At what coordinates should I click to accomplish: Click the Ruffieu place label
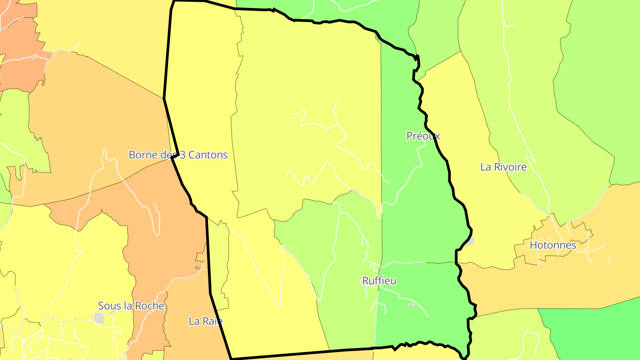tap(379, 281)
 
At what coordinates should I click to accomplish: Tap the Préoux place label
tap(423, 136)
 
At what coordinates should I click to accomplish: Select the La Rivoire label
tap(503, 167)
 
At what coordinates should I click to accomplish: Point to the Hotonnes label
tap(552, 245)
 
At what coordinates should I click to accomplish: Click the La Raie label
tap(205, 321)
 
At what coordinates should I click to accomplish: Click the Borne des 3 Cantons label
tap(178, 155)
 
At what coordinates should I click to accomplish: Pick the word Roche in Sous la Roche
tap(150, 306)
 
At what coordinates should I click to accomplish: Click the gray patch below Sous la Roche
tap(99, 318)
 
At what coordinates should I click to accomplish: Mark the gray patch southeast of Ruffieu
tap(412, 304)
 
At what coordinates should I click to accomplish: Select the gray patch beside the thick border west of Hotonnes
tap(470, 240)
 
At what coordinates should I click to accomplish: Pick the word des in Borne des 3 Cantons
tap(164, 155)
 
